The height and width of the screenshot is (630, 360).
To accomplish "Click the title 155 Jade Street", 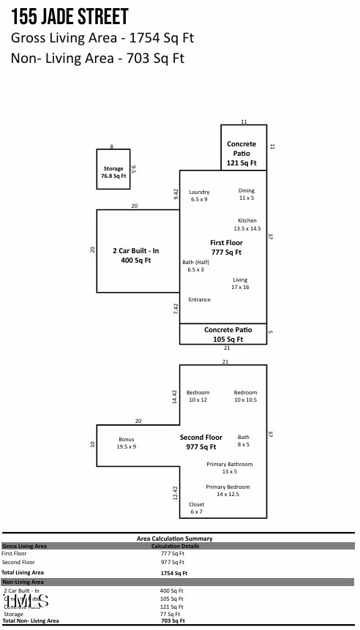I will [70, 17].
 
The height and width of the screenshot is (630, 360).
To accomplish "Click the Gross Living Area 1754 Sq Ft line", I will [102, 38].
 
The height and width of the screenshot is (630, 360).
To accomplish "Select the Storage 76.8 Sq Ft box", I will [113, 172].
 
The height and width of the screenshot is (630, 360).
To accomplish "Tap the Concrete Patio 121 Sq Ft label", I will [241, 154].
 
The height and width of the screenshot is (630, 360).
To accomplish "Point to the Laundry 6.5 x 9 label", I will [199, 195].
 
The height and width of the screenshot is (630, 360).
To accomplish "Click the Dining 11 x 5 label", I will [247, 194].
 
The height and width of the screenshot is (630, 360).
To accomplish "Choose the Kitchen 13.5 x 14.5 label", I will [247, 225].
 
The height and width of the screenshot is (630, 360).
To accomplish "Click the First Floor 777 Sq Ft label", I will [226, 247].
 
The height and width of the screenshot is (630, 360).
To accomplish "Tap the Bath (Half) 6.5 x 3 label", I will [195, 266].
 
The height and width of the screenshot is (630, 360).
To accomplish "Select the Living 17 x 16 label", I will [240, 283].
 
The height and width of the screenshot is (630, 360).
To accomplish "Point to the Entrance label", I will [199, 299].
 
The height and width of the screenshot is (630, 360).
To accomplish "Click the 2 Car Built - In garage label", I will [135, 255].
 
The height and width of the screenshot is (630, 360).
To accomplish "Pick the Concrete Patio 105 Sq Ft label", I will [228, 334].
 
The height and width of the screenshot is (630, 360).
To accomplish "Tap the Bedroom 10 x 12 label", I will [198, 396].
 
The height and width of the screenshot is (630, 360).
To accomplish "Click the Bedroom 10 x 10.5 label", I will [245, 396].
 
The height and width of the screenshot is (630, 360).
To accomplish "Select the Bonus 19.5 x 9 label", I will [126, 443].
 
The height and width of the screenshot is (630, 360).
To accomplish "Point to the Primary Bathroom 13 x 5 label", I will [229, 468].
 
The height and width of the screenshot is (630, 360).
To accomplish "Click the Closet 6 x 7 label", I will [196, 508].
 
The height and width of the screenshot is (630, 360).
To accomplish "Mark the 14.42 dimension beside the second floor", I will [175, 397].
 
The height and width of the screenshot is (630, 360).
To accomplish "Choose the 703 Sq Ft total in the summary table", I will [173, 620].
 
